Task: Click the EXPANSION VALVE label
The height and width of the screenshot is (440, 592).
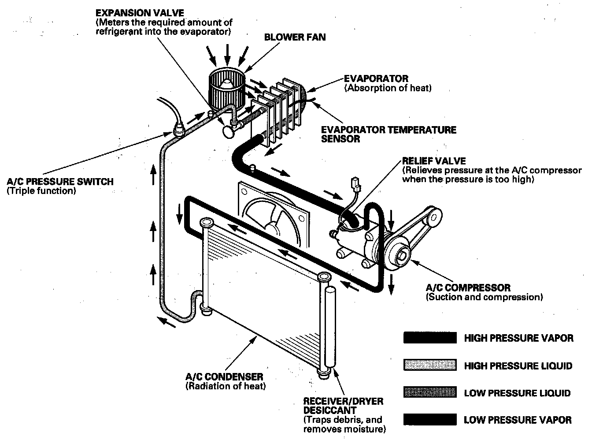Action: (140, 13)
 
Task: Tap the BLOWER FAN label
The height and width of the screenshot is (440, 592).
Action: (295, 37)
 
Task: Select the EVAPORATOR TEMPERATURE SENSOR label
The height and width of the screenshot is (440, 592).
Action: (388, 134)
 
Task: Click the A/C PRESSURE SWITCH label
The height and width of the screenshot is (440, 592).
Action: (60, 182)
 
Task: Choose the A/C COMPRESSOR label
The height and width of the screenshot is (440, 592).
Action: (468, 288)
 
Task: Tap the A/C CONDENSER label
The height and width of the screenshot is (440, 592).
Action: (224, 377)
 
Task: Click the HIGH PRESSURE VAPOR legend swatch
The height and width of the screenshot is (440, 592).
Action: (429, 338)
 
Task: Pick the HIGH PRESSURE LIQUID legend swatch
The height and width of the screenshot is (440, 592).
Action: (429, 365)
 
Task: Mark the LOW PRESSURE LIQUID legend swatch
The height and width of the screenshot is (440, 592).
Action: (429, 393)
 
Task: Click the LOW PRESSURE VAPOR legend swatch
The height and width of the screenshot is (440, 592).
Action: (429, 420)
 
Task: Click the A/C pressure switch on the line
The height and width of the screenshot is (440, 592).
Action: (178, 130)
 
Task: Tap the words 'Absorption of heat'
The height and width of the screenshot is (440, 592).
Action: (388, 88)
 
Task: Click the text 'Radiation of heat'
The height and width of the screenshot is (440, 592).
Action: (226, 387)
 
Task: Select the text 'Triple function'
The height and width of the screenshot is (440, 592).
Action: (41, 191)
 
